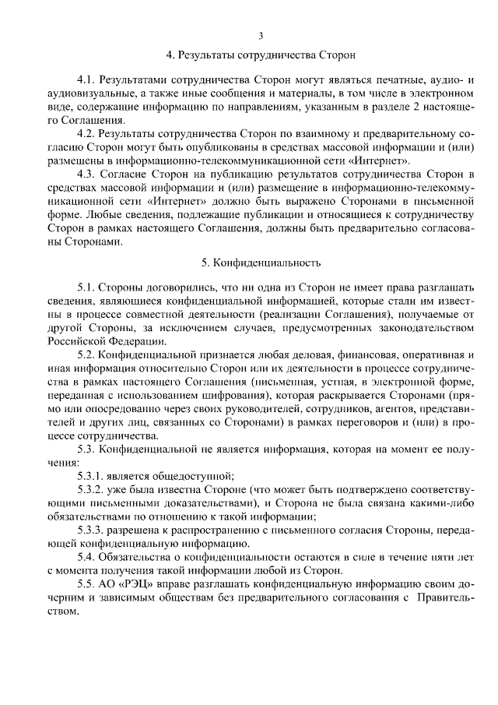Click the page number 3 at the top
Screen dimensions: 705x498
tap(261, 35)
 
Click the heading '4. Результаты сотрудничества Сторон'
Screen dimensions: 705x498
tap(261, 55)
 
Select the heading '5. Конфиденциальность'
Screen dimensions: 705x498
tap(261, 263)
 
